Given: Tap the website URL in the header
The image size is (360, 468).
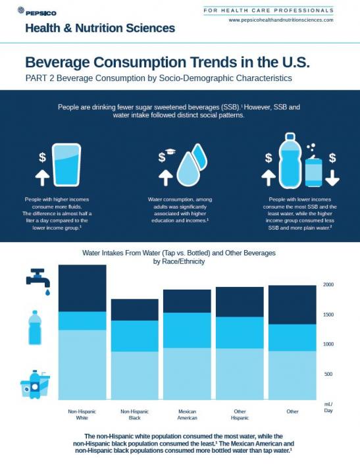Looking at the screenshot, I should point(281,20).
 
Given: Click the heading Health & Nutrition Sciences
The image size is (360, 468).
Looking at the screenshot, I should point(100,28).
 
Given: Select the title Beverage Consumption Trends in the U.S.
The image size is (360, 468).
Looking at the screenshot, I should point(167,63).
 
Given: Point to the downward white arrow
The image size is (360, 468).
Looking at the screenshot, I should point(332,177).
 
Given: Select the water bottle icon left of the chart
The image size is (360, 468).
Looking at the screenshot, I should point(35,327).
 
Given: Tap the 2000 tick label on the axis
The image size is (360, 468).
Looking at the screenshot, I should point(328,285).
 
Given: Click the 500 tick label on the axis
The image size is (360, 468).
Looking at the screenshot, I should point(328,374).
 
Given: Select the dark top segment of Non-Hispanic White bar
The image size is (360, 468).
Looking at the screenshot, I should point(82,288).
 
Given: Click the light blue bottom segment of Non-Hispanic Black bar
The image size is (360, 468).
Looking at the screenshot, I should point(134,375).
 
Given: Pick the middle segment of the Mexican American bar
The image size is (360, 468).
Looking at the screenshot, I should point(187,330).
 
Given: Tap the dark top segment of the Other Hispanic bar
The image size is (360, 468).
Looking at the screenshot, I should point(240,301).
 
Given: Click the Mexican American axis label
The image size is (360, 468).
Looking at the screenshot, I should point(187,415).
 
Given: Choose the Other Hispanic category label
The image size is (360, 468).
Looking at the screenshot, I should point(240,415).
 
